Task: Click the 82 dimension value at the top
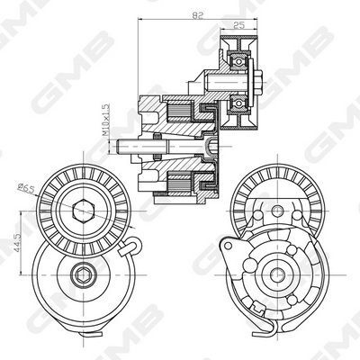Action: click(197, 15)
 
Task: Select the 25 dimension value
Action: click(239, 25)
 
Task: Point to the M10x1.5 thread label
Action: click(104, 120)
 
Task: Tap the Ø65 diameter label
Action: click(26, 188)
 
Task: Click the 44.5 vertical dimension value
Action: click(17, 242)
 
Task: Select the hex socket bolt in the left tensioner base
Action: click(82, 274)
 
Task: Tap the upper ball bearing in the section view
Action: click(238, 62)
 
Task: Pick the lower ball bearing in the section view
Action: click(238, 103)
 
